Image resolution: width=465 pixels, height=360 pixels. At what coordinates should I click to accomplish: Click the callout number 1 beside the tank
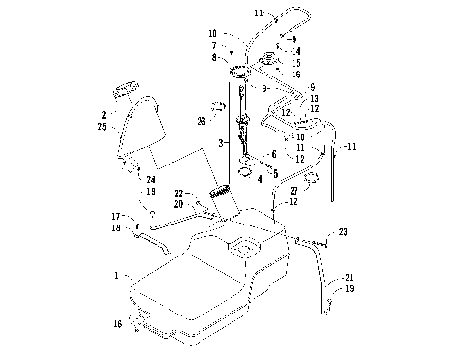click(x=117, y=276)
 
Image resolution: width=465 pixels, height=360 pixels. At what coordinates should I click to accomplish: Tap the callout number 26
click(x=201, y=121)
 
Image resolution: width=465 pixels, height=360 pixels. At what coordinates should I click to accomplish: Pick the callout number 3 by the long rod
click(x=221, y=142)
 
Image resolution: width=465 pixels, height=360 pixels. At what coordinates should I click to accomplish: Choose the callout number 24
click(x=151, y=179)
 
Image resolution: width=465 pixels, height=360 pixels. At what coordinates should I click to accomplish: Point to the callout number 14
click(x=296, y=50)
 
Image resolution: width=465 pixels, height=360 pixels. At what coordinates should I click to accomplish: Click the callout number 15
click(x=296, y=63)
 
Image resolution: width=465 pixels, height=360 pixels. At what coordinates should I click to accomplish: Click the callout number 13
click(x=313, y=99)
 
